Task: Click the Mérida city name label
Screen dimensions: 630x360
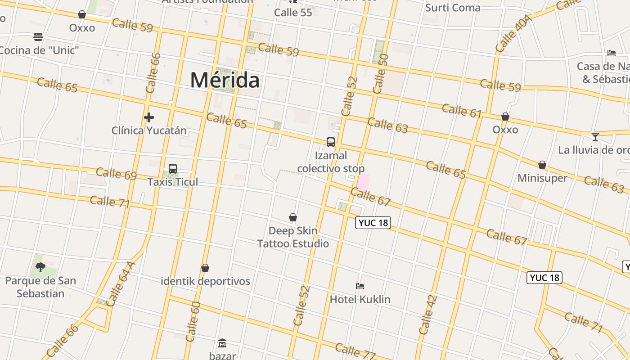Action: (225, 80)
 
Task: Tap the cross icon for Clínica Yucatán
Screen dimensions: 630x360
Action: (149, 118)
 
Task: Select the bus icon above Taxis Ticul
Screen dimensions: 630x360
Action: (173, 169)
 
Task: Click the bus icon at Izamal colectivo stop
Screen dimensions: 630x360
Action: (331, 142)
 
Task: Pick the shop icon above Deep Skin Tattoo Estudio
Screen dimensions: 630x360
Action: (293, 218)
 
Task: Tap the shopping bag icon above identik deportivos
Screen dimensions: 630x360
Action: (205, 268)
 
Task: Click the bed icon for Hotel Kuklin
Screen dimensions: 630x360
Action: (360, 286)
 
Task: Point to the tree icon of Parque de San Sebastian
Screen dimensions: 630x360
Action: (40, 267)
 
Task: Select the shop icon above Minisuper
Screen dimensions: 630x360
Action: (542, 165)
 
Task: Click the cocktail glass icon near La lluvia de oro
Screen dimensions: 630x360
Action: (595, 136)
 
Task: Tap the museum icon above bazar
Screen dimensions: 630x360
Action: (222, 344)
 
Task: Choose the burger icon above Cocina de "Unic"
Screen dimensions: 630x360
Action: (38, 36)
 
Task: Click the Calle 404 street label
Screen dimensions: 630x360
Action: (513, 34)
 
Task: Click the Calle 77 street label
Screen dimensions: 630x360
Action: (355, 351)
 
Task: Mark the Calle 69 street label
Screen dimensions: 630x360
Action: (116, 174)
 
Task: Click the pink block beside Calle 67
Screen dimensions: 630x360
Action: (363, 182)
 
